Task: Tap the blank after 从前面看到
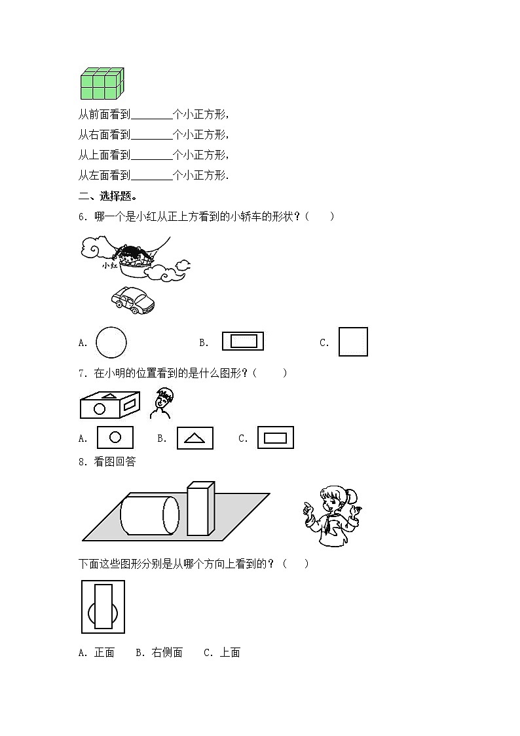151,115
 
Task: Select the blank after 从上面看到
151,155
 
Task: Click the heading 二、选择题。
107,196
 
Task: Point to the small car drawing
133,300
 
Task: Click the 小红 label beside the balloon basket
109,265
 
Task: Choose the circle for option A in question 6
111,342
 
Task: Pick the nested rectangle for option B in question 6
243,341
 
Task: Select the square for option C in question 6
353,341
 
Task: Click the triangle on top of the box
111,396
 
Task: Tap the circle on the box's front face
100,409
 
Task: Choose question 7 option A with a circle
115,437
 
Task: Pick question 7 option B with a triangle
195,438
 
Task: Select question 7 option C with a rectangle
275,438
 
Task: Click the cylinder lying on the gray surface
150,515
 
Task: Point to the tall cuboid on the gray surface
200,509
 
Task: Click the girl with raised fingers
332,516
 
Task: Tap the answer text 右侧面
167,652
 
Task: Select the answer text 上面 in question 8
230,652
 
